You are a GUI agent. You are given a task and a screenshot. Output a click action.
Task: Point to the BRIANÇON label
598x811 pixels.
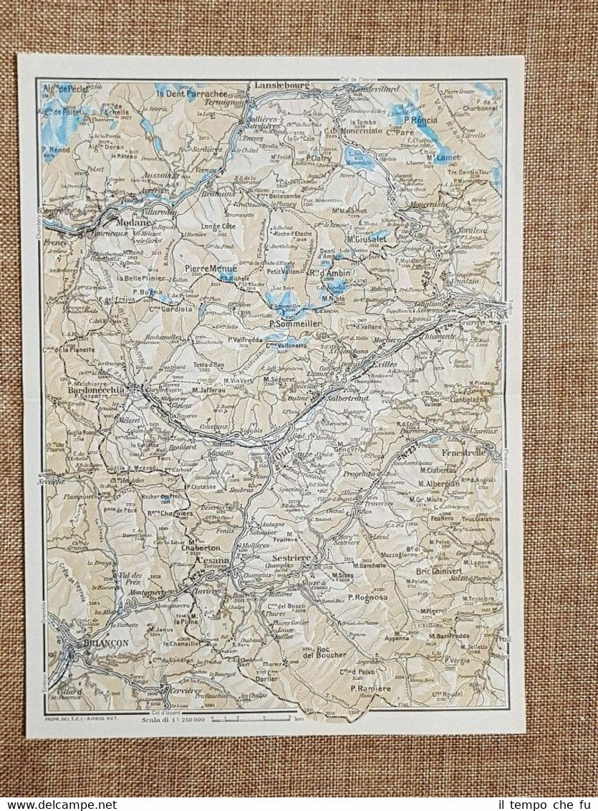pyautogui.click(x=105, y=643)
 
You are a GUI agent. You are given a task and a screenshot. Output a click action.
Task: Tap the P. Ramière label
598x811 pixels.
pyautogui.click(x=370, y=688)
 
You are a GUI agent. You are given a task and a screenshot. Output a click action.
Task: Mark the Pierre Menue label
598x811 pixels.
pyautogui.click(x=211, y=269)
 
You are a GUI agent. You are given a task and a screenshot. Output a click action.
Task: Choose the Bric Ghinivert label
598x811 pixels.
pyautogui.click(x=444, y=571)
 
